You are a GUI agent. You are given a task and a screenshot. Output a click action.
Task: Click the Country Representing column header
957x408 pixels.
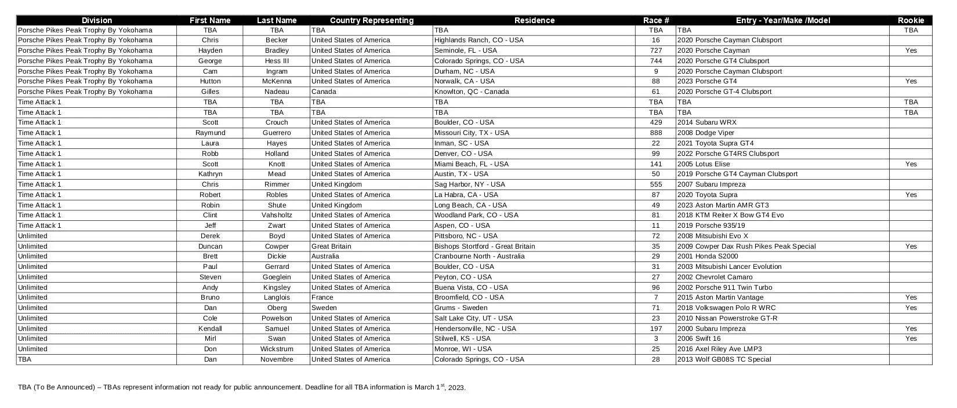[371, 20]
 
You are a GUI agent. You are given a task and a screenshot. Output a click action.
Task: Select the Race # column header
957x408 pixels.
[656, 20]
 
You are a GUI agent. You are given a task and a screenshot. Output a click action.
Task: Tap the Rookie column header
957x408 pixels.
[911, 20]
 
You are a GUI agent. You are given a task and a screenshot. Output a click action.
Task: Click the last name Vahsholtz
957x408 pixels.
[277, 215]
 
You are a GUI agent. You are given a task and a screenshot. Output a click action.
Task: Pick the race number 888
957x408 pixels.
[656, 133]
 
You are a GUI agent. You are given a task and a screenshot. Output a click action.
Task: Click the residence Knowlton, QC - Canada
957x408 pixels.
[472, 92]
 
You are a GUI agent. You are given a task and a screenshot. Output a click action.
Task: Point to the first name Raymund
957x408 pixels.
[210, 133]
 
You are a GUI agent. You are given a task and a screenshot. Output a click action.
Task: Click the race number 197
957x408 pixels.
[656, 329]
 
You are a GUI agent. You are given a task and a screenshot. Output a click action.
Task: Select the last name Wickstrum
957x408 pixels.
[277, 349]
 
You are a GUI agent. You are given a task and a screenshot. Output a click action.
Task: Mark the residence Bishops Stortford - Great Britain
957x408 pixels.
[484, 246]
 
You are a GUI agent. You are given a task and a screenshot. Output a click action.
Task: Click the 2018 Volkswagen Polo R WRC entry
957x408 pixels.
[726, 308]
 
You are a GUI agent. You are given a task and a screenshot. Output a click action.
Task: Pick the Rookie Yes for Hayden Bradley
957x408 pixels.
[911, 50]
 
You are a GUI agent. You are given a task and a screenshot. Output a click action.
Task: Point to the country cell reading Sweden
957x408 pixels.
[324, 308]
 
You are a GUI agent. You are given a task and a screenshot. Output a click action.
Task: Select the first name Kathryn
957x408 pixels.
[210, 174]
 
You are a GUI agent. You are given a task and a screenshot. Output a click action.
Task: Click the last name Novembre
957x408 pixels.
[277, 359]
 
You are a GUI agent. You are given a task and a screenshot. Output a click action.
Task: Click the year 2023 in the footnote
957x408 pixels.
[456, 388]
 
